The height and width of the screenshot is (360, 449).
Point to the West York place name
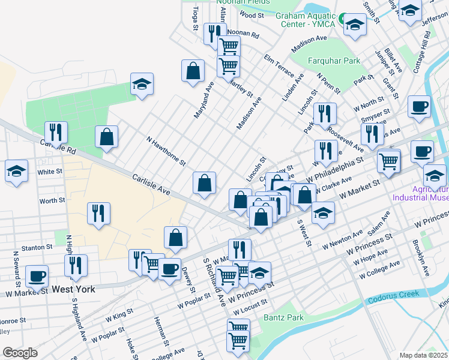pos(73,289)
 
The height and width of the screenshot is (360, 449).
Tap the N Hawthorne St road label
pos(166,151)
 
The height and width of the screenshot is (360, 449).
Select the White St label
pos(50,172)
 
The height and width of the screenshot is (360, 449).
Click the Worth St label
pos(52,200)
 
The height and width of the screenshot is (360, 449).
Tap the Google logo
pos(20,353)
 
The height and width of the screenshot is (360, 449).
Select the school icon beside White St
pos(16,171)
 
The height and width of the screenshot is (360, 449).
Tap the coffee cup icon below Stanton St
pos(37,275)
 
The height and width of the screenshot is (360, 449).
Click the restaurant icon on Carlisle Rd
pos(56,132)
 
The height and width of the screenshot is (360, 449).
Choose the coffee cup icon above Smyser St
pos(419,106)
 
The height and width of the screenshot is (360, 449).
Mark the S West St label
pos(304,232)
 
